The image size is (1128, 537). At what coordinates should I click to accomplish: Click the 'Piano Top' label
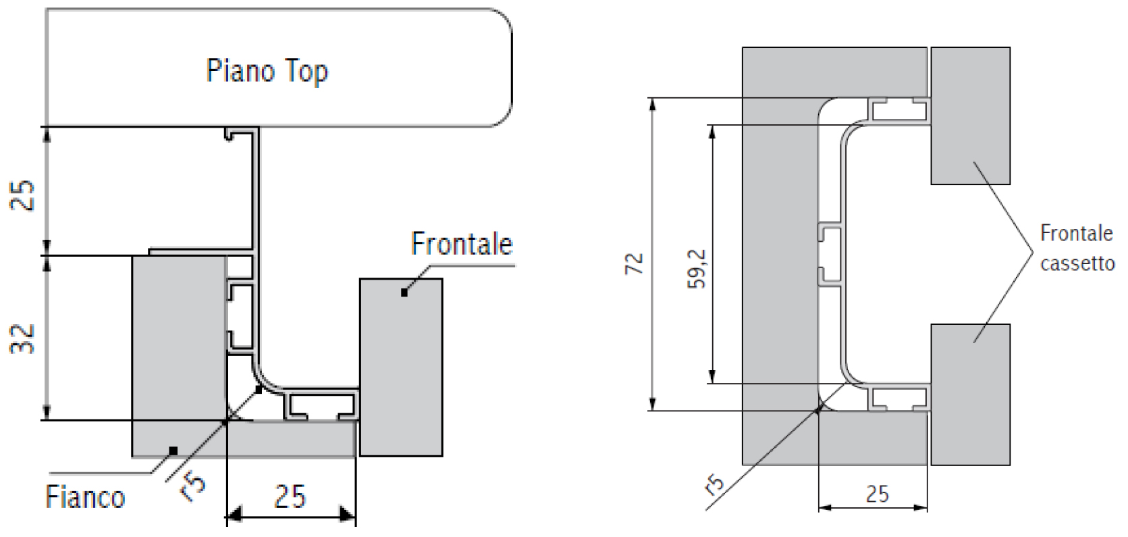267,71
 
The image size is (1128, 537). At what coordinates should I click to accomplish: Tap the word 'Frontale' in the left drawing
462,244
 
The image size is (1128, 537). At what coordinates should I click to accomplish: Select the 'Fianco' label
85,498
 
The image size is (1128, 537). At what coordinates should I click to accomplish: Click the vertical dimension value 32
24,338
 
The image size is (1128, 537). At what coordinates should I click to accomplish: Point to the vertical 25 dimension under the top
24,196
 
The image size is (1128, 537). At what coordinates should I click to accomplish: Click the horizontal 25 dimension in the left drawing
290,497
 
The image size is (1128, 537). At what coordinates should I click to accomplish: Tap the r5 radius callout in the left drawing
193,488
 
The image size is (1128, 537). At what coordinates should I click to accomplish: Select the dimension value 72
635,263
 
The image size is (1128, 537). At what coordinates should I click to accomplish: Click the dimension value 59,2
697,269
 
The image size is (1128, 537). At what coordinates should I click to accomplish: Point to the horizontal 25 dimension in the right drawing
877,494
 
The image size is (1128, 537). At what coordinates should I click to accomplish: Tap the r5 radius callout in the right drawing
714,484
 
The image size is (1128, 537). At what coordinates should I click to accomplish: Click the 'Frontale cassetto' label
1076,248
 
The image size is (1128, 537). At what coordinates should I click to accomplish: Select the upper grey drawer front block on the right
970,116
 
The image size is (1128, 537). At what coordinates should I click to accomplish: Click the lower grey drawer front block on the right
970,394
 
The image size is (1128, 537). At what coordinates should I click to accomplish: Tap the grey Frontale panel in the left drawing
401,367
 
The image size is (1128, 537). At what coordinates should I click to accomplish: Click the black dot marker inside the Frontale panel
404,292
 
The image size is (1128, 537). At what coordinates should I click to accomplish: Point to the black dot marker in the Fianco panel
173,450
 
